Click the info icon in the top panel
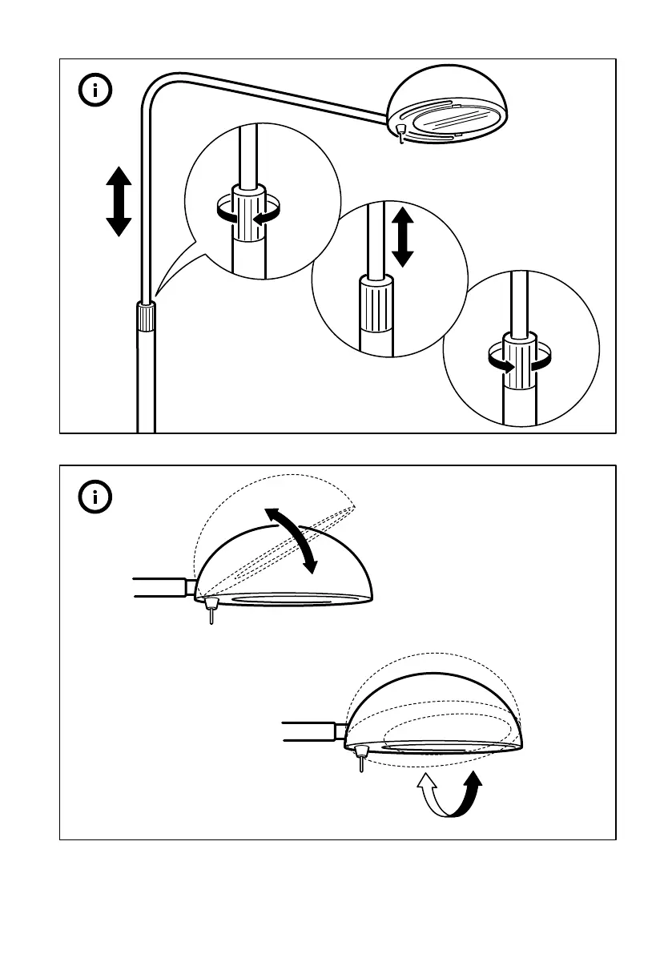point(95,90)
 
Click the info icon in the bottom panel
point(95,497)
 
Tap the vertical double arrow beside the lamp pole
point(119,202)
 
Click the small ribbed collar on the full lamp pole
point(145,317)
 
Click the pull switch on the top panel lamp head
point(400,133)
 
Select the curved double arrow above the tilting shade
point(292,540)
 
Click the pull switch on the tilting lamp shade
point(211,609)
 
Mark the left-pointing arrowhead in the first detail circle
point(259,217)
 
